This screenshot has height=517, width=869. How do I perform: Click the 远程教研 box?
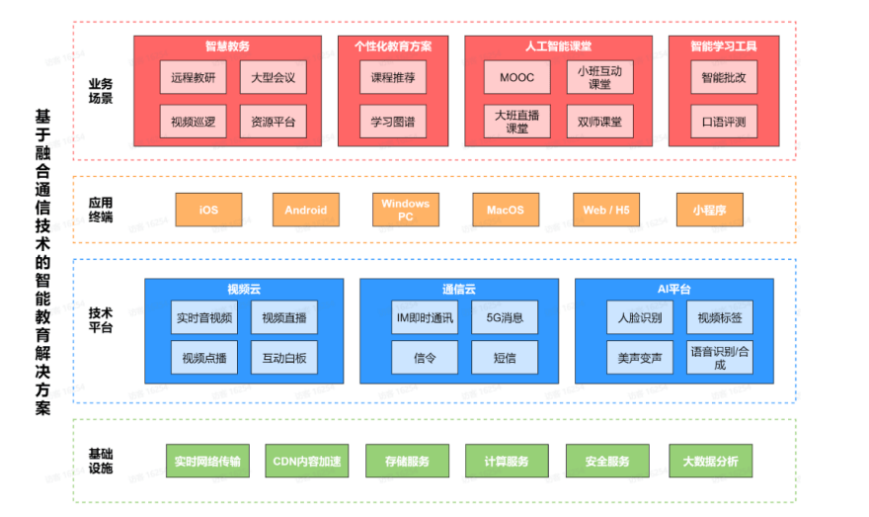coord(193,77)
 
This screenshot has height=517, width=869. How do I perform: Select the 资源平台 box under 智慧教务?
coord(273,122)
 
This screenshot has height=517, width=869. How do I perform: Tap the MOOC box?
coord(516,77)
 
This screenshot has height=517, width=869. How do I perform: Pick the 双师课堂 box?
coord(599,122)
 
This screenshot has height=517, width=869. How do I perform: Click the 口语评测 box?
coord(724,122)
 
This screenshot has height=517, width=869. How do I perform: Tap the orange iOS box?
coord(208,210)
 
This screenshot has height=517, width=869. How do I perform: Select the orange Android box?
coord(305,210)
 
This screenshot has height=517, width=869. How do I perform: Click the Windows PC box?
coord(406,210)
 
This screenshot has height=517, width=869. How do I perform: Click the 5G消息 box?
coord(504,317)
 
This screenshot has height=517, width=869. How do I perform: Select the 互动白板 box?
coord(283,357)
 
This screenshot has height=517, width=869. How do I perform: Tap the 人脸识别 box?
coord(640,317)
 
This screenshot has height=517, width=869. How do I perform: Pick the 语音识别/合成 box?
coord(719,357)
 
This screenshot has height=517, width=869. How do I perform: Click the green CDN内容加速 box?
coord(306,461)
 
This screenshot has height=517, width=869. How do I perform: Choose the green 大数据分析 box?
coord(709,461)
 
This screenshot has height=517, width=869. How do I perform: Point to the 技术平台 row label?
coord(101,320)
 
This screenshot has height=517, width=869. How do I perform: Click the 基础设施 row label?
coord(101,461)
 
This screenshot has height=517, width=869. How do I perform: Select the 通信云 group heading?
coord(458,289)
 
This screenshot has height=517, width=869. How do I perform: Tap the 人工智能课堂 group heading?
coord(558,45)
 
